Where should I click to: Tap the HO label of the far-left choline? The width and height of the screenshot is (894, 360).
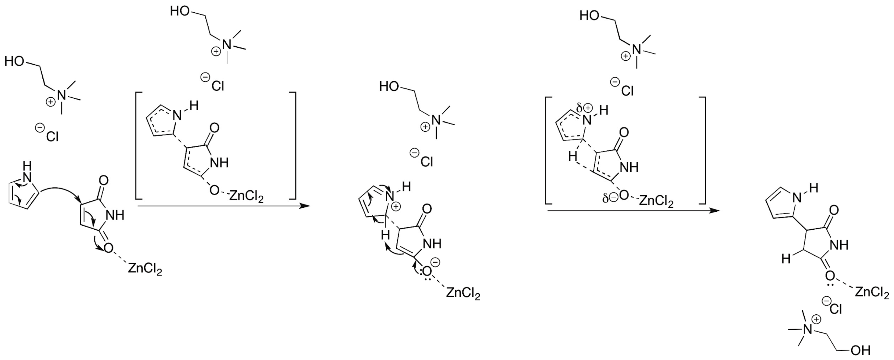[14, 61]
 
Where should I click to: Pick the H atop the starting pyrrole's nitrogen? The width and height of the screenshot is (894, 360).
[27, 165]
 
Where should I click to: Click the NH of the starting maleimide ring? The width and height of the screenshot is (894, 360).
[115, 215]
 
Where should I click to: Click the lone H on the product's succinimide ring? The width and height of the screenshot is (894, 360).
[786, 259]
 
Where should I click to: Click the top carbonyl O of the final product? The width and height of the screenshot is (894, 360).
[834, 210]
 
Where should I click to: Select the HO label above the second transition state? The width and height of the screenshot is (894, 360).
[589, 16]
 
